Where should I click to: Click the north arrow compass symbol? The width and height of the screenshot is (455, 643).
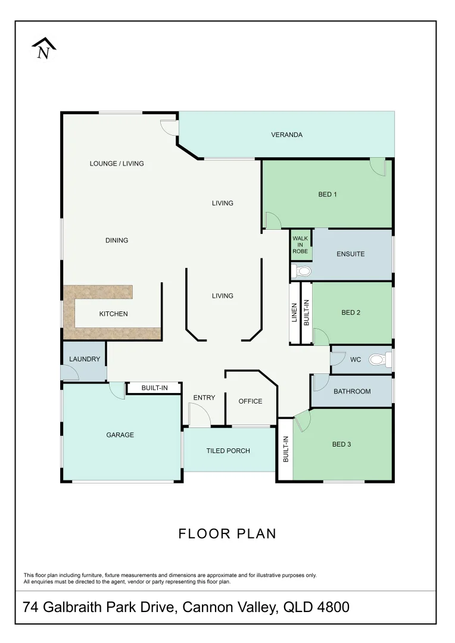(43, 49)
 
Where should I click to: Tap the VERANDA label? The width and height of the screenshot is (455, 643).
(286, 135)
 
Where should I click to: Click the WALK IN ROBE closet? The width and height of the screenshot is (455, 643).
(300, 245)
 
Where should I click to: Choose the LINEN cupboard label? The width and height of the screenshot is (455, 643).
(294, 313)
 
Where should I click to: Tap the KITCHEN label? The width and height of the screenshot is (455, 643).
(113, 314)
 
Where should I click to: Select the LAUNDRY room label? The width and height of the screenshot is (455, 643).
(85, 359)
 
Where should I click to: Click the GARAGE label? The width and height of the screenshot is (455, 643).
(120, 435)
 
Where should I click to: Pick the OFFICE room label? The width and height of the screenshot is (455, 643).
(250, 401)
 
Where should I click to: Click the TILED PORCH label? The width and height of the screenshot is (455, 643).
(228, 451)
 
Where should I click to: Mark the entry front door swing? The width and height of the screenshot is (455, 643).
(198, 415)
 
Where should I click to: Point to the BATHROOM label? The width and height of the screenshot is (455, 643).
(351, 391)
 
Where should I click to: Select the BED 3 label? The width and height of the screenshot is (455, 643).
(341, 444)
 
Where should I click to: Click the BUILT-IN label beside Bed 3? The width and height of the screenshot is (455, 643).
(285, 450)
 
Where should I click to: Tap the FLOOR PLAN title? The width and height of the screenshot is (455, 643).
(227, 533)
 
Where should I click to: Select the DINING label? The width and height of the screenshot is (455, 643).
(117, 241)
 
